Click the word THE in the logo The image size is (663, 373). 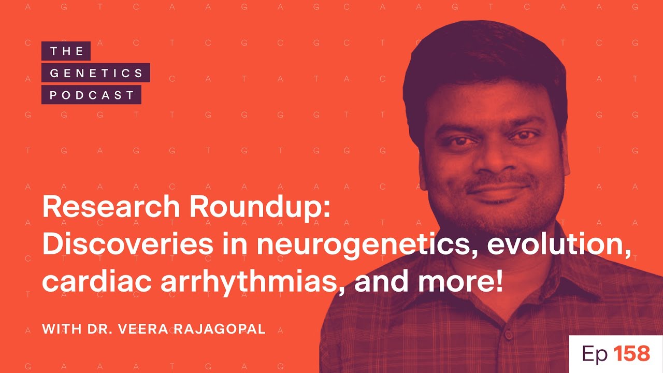[66, 51]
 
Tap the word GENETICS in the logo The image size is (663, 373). [96, 73]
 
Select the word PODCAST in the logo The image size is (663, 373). [92, 95]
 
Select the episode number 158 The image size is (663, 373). [631, 354]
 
